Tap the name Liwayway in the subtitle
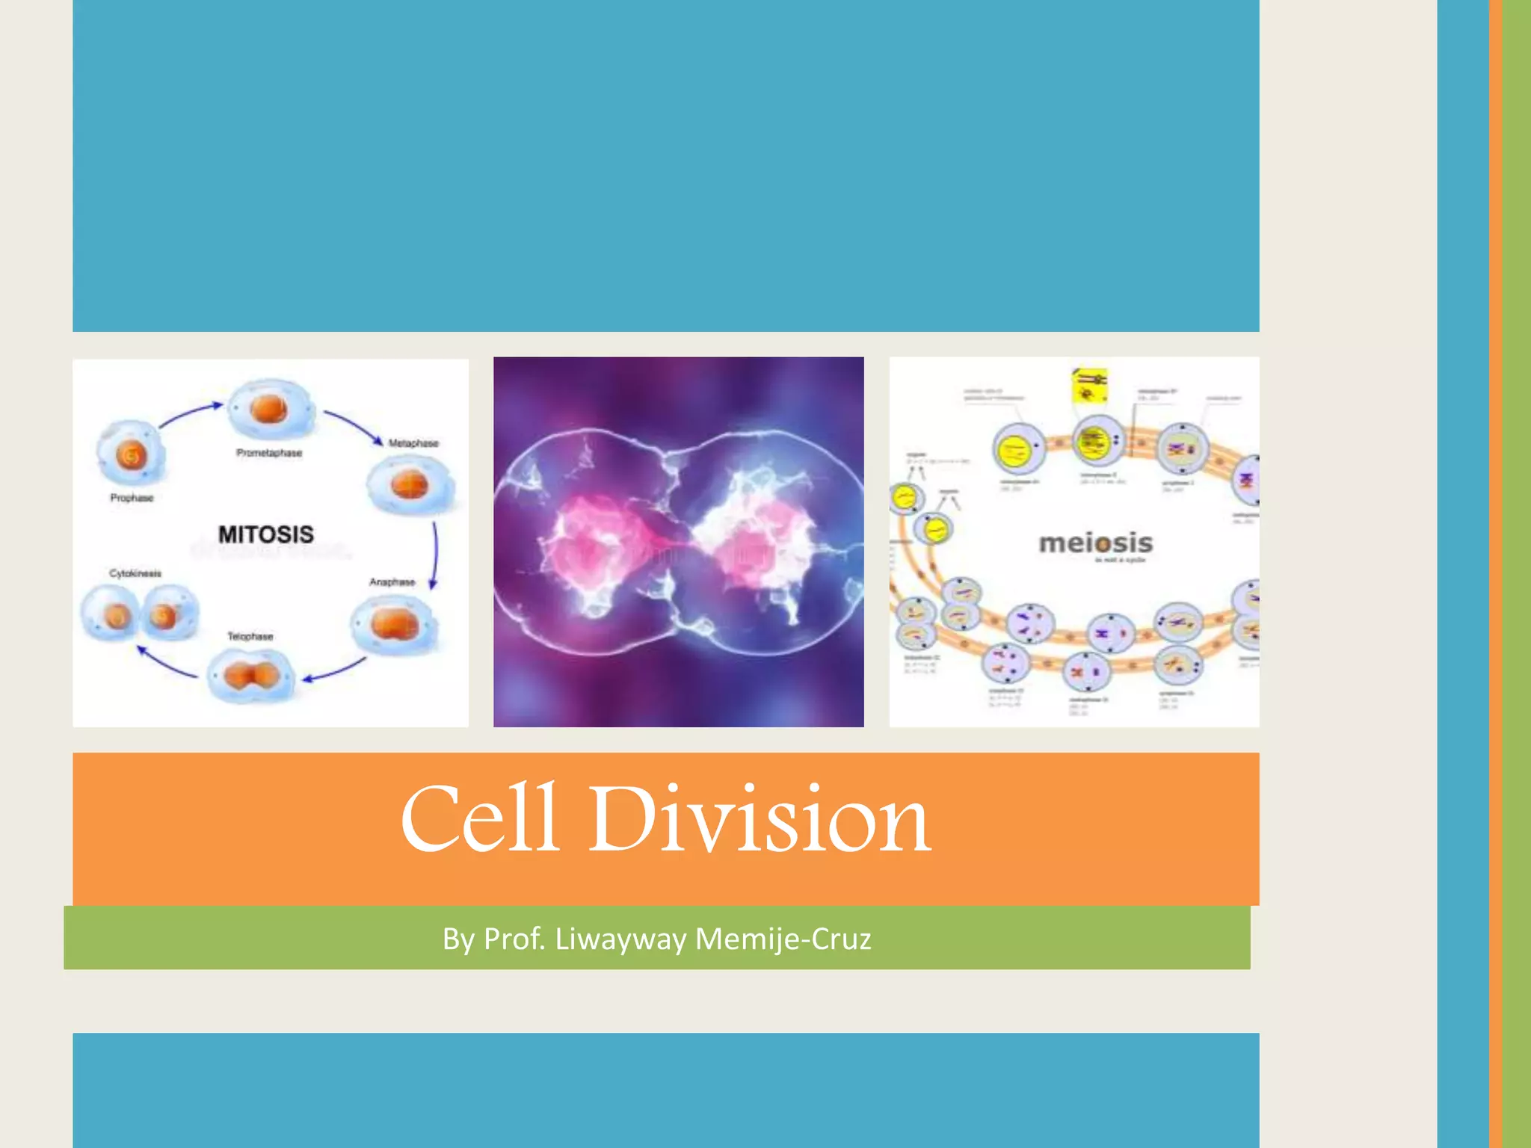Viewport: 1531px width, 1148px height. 620,939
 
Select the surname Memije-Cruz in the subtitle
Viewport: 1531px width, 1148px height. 783,939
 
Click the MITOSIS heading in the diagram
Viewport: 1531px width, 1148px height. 266,534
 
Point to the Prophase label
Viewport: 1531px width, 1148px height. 132,498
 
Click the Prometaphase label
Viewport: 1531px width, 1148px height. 269,453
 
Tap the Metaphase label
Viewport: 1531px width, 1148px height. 413,443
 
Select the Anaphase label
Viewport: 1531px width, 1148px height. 392,581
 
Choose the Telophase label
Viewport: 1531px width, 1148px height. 250,636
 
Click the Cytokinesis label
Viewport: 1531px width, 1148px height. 135,573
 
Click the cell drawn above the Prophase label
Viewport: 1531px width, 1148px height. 131,453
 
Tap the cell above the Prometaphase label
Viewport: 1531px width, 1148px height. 270,409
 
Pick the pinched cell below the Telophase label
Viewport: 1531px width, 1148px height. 250,676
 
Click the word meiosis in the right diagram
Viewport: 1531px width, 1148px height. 1096,543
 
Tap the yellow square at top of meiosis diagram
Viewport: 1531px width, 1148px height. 1089,385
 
